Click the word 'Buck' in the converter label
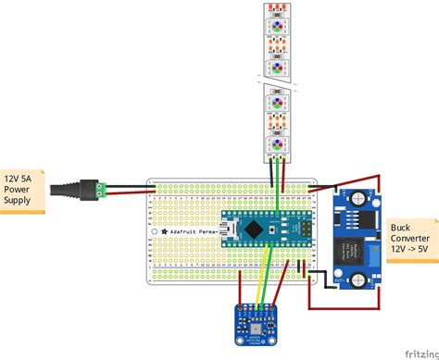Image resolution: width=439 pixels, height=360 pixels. tap(401, 227)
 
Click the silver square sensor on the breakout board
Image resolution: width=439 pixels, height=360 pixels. tap(254, 328)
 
